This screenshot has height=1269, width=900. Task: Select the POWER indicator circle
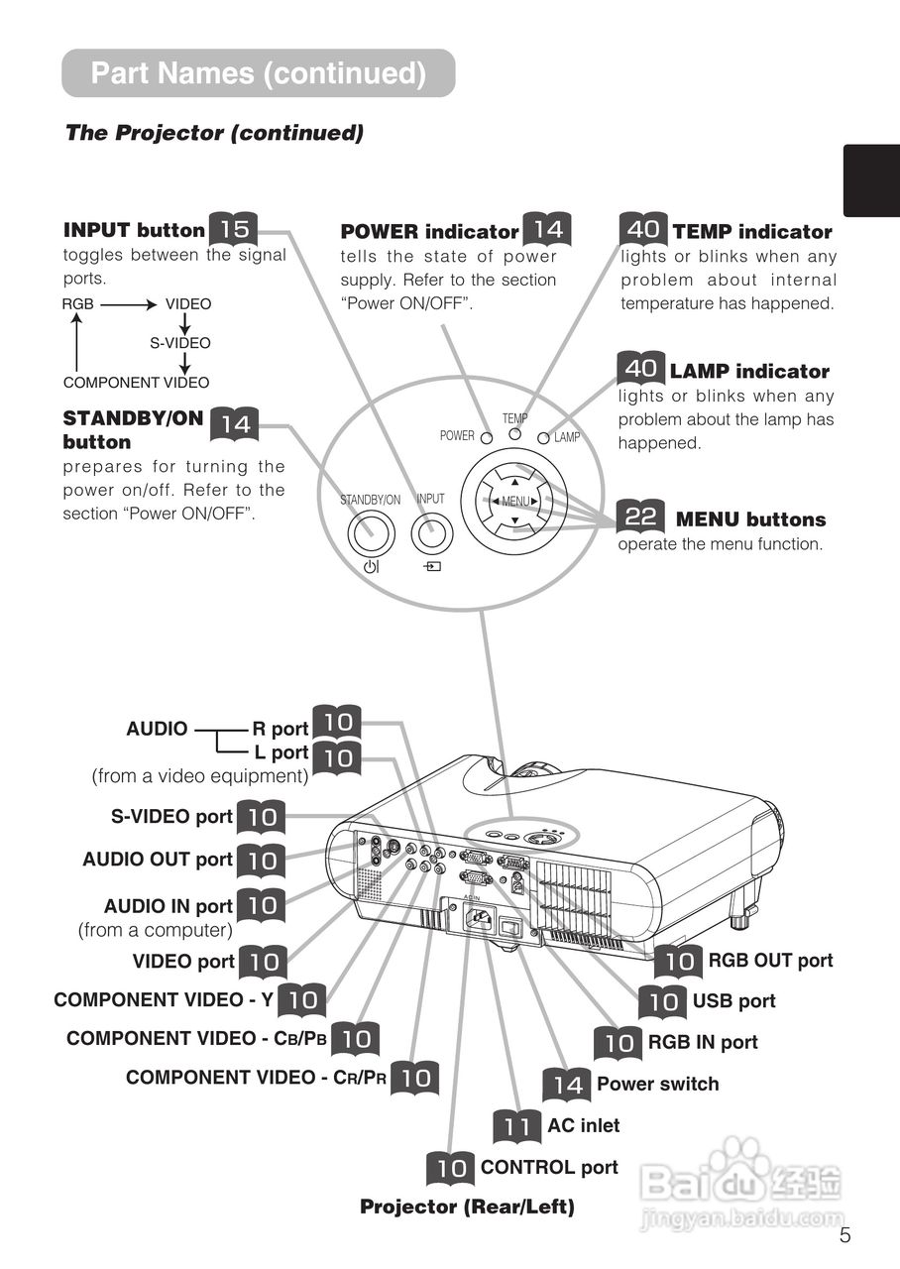[x=487, y=436]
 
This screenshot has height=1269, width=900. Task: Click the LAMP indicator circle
[x=544, y=436]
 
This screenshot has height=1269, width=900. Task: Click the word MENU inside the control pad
[x=515, y=501]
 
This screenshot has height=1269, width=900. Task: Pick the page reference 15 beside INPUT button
[x=234, y=229]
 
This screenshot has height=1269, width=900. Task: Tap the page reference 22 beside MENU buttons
[x=641, y=518]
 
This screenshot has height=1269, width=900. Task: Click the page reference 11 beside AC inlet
[x=516, y=1126]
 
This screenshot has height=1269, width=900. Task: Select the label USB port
[x=733, y=1001]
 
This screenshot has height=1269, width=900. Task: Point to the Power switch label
[x=657, y=1085]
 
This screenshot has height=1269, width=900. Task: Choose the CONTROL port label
[x=549, y=1168]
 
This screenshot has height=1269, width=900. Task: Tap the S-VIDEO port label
[x=171, y=817]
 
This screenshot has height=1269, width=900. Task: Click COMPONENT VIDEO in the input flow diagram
[x=136, y=383]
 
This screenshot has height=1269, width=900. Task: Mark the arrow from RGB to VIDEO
[x=129, y=304]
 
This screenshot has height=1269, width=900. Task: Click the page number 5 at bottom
[x=844, y=1234]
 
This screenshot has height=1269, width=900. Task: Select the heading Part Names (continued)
[x=258, y=73]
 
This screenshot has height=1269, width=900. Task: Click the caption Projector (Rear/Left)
[x=467, y=1207]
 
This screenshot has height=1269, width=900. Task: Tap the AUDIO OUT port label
[x=158, y=860]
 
